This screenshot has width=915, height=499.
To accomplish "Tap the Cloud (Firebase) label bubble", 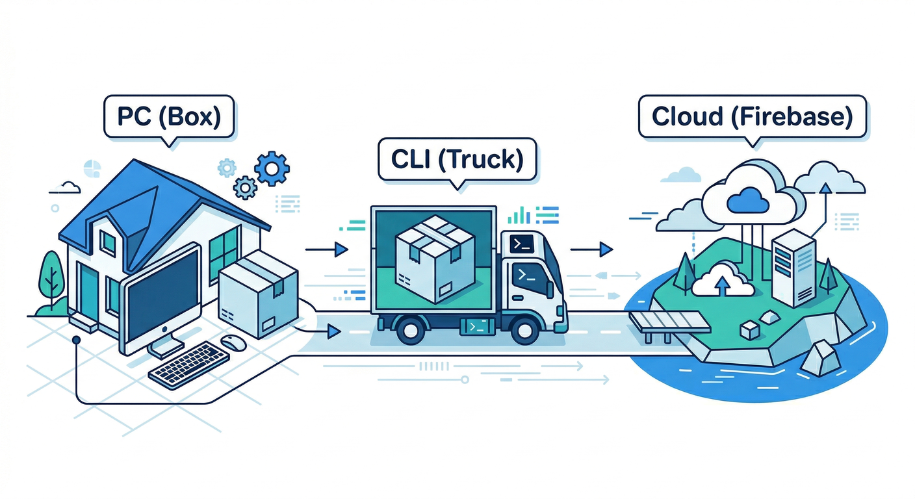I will pyautogui.click(x=752, y=116).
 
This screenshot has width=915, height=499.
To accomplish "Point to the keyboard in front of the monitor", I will pyautogui.click(x=189, y=365).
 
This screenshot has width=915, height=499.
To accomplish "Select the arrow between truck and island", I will pyautogui.click(x=593, y=248).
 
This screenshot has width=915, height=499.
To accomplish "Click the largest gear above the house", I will pyautogui.click(x=272, y=168).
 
